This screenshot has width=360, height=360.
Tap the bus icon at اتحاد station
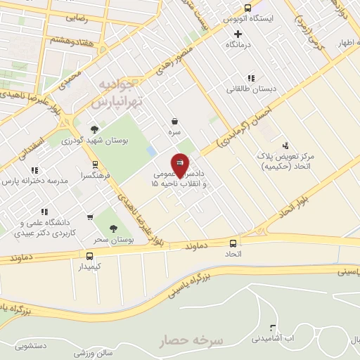pyautogui.click(x=233, y=244)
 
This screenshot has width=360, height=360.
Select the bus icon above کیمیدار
pyautogui.click(x=89, y=256)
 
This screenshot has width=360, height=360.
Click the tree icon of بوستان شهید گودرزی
pyautogui.click(x=94, y=129)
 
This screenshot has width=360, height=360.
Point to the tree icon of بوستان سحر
pyautogui.click(x=114, y=228)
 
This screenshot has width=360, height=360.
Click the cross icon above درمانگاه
pyautogui.click(x=238, y=33)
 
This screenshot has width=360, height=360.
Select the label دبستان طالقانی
pyautogui.click(x=247, y=89)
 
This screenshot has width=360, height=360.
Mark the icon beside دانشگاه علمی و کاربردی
pyautogui.click(x=44, y=211)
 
